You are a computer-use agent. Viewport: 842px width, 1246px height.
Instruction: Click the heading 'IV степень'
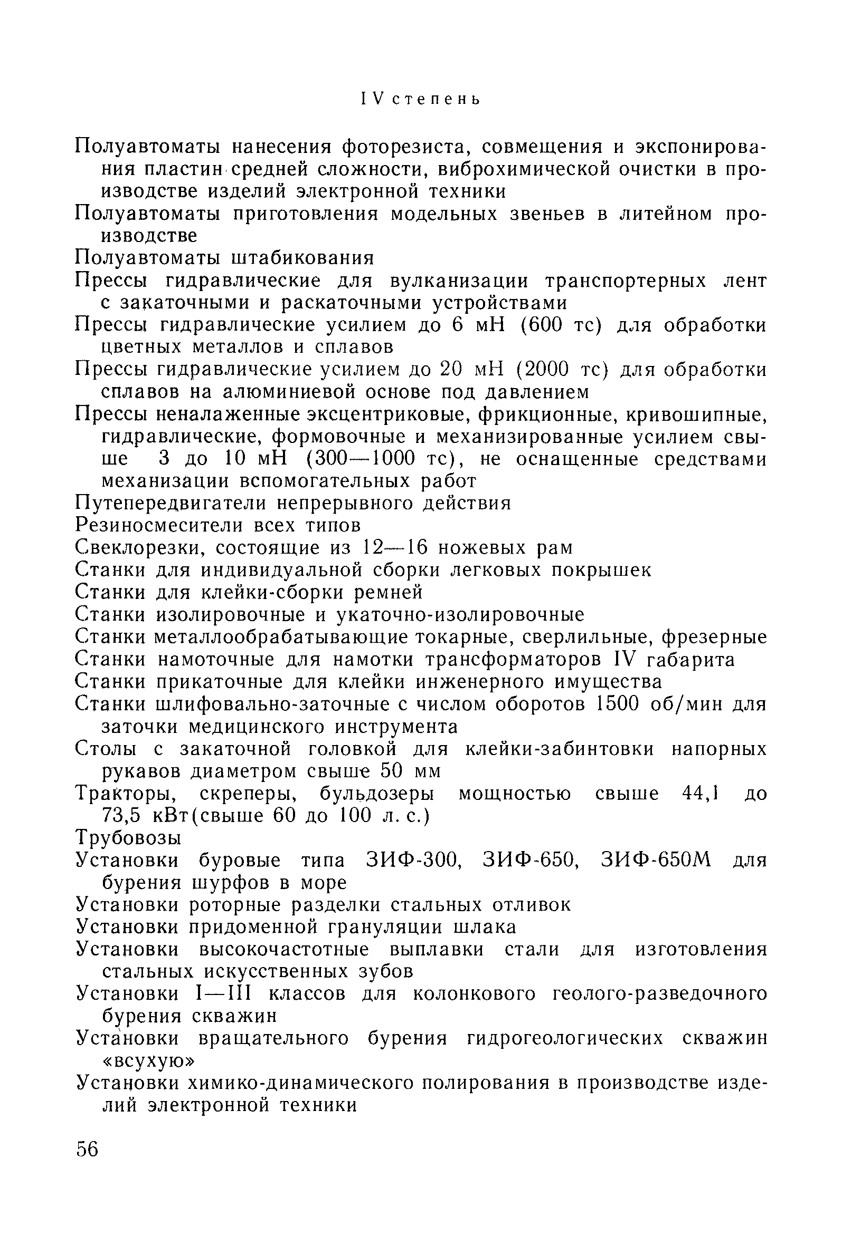click(421, 100)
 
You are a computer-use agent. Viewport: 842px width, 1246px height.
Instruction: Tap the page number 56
click(88, 1149)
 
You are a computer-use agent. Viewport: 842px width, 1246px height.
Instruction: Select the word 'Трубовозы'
click(129, 837)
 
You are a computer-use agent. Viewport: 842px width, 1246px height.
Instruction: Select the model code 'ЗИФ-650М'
click(655, 860)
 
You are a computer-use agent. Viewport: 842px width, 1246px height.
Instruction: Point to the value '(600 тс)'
click(560, 325)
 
